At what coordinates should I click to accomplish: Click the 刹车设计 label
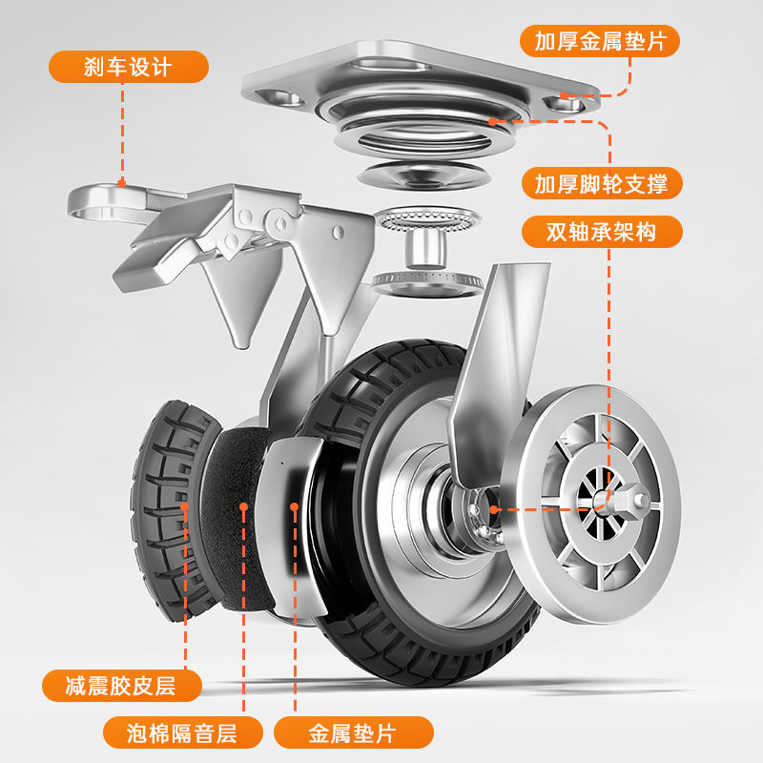[x=129, y=67]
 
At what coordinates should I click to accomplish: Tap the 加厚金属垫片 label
[x=600, y=41]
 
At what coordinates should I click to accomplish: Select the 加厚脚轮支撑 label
[x=601, y=183]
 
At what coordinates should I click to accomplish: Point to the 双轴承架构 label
[x=601, y=232]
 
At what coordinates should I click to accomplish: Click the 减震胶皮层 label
[x=121, y=685]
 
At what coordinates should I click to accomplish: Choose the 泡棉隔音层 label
[x=181, y=732]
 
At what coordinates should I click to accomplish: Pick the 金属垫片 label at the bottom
[x=353, y=732]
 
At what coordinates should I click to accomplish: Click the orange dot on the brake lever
[x=122, y=182]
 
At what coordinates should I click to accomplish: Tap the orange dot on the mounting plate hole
[x=565, y=95]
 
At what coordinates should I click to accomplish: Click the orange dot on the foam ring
[x=244, y=509]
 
